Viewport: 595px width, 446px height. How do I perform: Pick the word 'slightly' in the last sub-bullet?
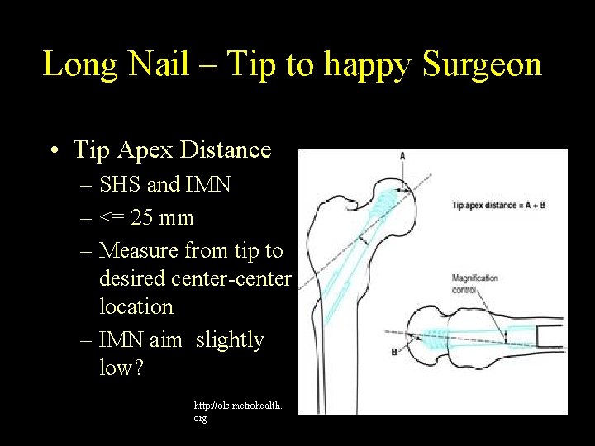(230, 339)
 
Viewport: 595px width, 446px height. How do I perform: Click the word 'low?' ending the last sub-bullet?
(121, 368)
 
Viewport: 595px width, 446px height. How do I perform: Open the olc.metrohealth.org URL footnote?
(236, 412)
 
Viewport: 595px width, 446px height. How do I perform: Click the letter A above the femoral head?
(402, 156)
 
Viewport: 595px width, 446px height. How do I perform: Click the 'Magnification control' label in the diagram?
(475, 283)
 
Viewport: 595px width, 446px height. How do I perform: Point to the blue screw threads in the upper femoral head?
(382, 198)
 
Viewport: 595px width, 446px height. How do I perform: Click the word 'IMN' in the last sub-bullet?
(124, 339)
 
